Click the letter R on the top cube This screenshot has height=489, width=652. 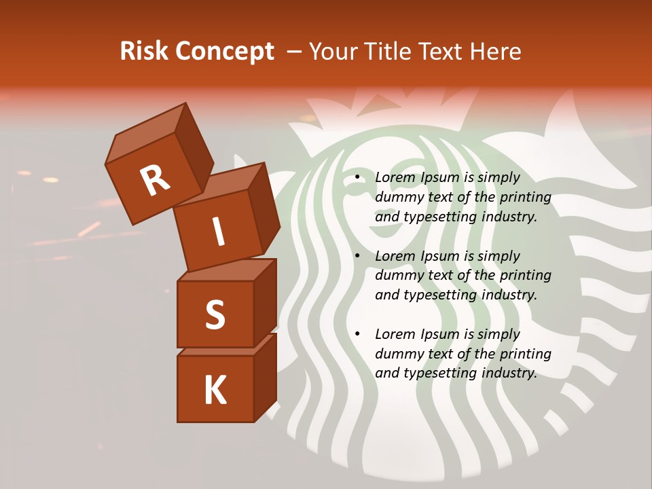click(155, 179)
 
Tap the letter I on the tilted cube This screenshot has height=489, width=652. click(219, 232)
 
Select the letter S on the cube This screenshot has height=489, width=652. click(215, 314)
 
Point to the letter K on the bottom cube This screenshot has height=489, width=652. click(215, 391)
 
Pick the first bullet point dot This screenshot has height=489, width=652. click(356, 178)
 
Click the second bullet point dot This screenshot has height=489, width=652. click(356, 257)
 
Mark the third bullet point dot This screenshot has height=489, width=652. click(356, 335)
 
